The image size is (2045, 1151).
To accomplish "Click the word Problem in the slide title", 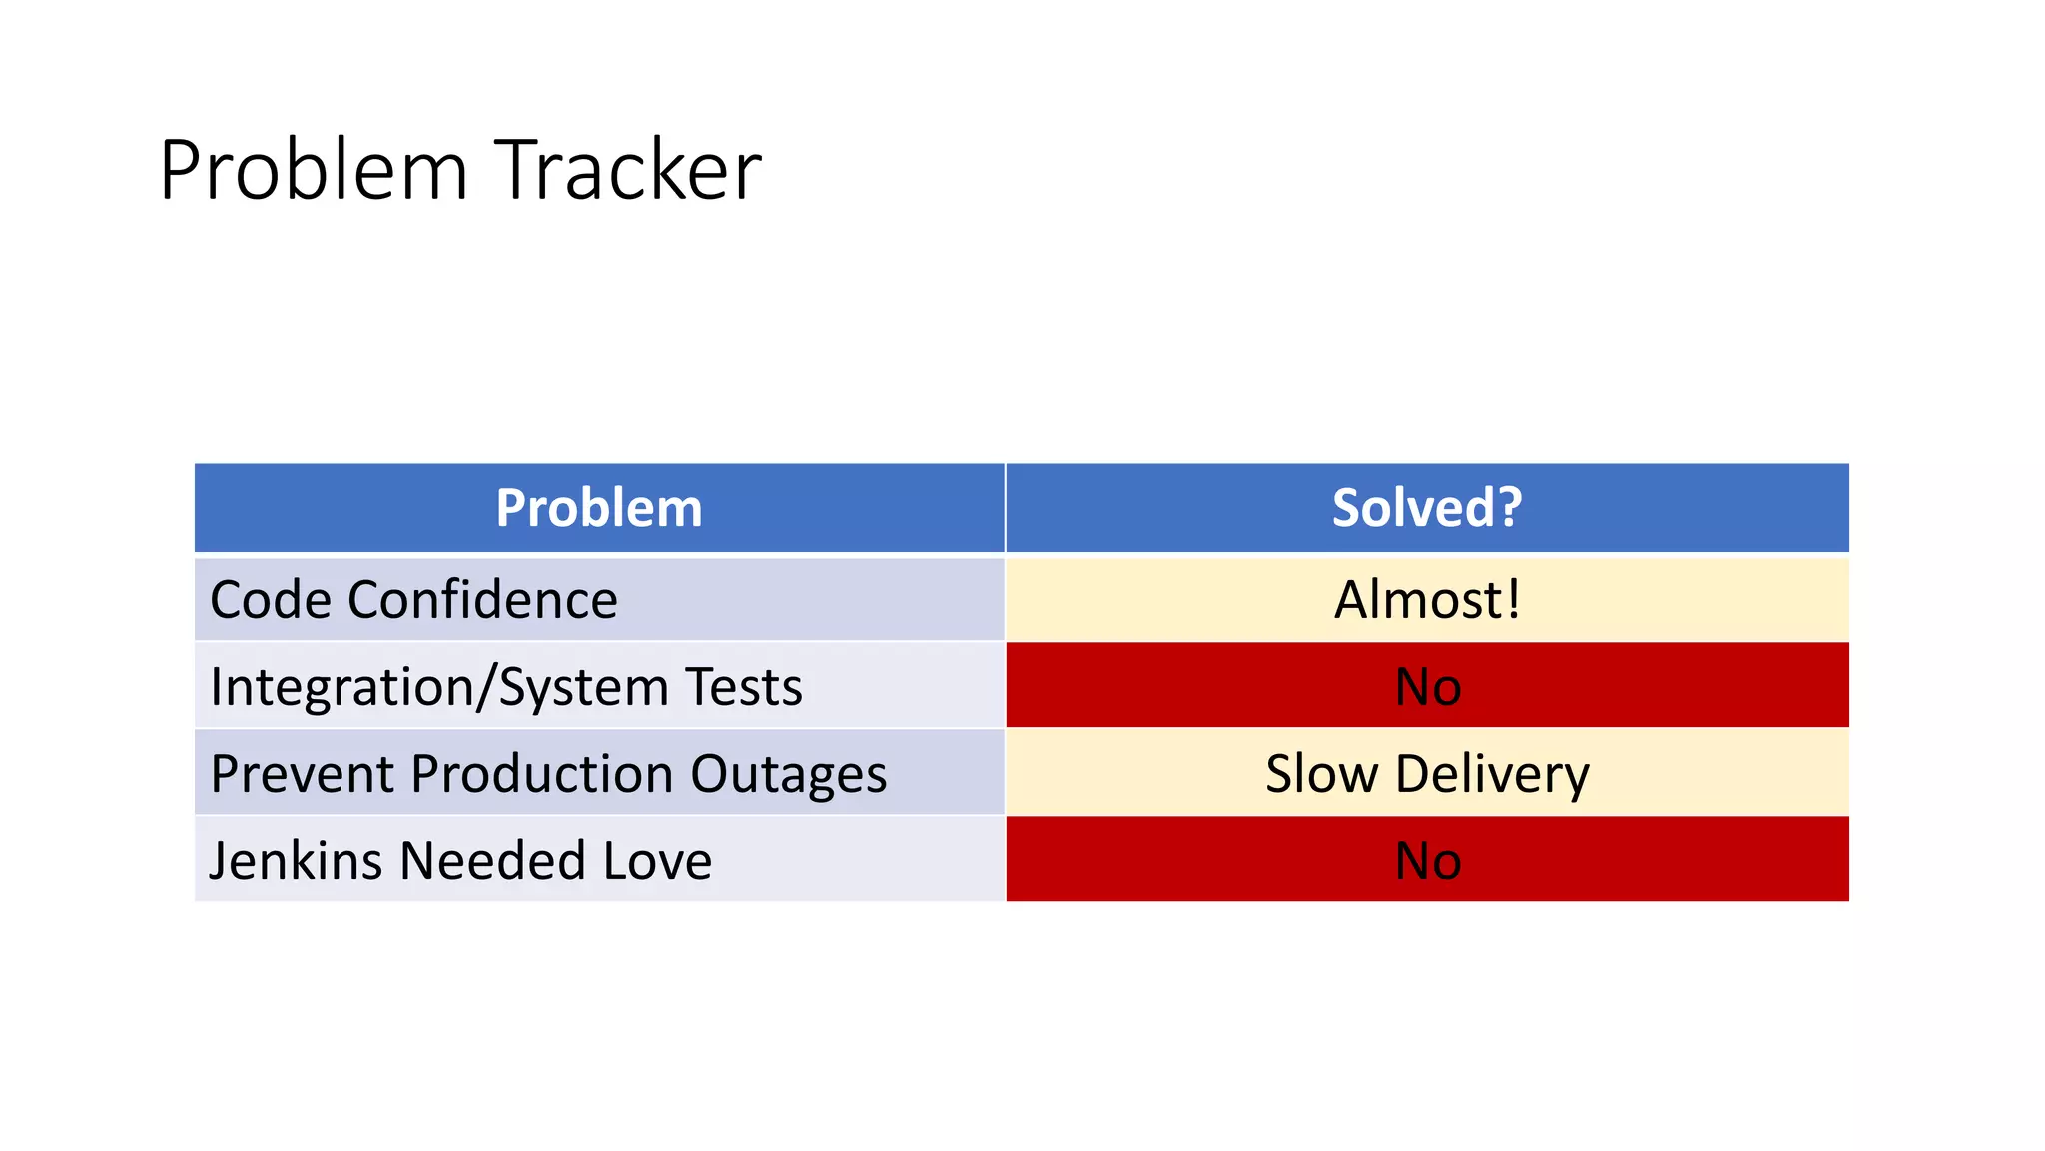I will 313,170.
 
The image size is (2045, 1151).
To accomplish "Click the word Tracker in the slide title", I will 628,170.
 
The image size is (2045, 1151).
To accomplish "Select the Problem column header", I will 599,508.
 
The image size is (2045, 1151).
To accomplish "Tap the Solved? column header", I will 1426,508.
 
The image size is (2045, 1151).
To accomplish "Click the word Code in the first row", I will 270,600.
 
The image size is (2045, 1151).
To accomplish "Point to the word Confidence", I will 482,600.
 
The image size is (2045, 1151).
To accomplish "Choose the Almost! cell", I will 1427,600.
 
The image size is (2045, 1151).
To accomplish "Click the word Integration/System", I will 439,688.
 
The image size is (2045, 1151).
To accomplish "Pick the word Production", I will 542,774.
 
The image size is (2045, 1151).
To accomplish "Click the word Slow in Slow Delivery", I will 1321,774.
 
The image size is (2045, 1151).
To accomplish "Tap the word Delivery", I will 1492,775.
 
